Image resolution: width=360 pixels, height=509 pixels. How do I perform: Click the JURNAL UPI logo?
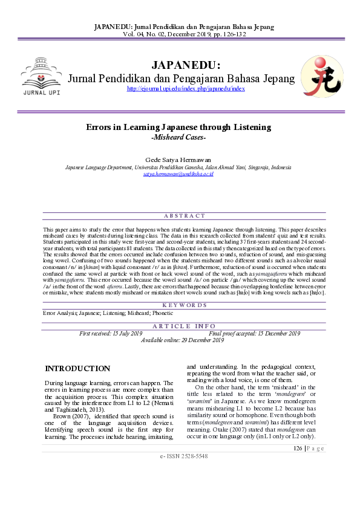pos(41,77)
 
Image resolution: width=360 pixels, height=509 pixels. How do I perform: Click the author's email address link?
pos(178,173)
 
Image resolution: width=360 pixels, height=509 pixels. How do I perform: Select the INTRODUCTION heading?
pos(77,369)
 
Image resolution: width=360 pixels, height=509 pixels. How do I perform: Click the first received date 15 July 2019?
pos(111,333)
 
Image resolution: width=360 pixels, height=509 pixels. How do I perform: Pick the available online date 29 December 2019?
pos(182,340)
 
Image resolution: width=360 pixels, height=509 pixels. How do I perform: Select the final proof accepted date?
pos(254,333)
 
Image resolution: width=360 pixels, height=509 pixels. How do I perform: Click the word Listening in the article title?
pos(250,128)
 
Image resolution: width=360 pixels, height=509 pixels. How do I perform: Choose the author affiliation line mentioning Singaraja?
pos(178,166)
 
